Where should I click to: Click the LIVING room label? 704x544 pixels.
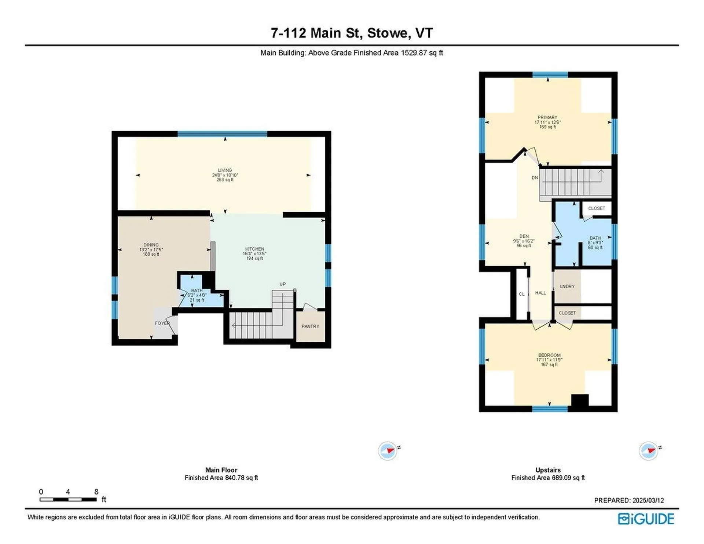pos(225,170)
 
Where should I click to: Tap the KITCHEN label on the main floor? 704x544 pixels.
pos(254,249)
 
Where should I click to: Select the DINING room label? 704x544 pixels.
pos(151,245)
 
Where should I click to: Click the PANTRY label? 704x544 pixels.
pos(310,326)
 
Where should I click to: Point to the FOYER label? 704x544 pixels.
pos(162,323)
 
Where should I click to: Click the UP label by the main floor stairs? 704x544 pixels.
pos(282,284)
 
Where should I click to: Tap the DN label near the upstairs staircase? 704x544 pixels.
pos(535,178)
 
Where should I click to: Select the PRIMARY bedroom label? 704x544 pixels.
pos(547,118)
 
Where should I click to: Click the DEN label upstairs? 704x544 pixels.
pos(524,236)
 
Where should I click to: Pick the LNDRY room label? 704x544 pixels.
pos(567,286)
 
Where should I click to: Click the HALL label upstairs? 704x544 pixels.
pos(540,293)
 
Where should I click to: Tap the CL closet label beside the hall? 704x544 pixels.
pos(521,294)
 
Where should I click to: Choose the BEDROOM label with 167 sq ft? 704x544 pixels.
pos(549,355)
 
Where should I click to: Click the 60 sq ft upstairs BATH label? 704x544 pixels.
pos(595,238)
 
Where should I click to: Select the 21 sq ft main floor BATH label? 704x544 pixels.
pos(197,291)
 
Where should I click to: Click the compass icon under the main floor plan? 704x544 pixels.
pos(388,450)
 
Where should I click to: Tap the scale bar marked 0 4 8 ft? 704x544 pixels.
pos(68,499)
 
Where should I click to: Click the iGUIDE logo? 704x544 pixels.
pos(646,519)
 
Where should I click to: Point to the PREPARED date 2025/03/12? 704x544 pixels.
pos(629,500)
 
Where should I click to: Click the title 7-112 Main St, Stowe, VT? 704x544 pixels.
pos(352,33)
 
